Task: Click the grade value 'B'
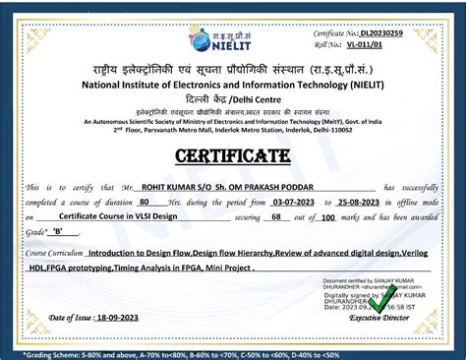coord(57,234)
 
